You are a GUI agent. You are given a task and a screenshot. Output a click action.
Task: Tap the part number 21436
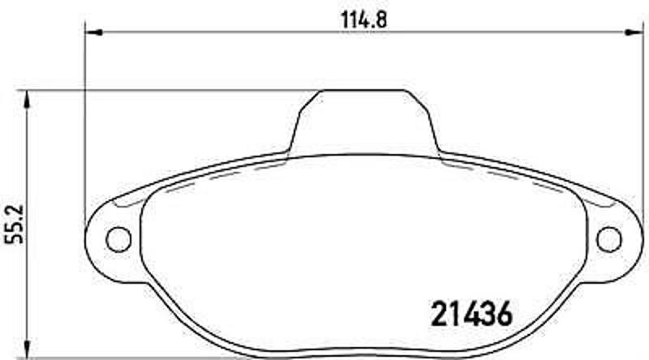468,312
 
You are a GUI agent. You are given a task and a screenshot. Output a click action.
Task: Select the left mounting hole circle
119,238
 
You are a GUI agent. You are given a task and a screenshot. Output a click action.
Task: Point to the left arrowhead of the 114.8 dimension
92,33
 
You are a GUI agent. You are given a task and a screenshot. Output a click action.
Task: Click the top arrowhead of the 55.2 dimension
28,96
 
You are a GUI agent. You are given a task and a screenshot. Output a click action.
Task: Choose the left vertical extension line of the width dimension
85,122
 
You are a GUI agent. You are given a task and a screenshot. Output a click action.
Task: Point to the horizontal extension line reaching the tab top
162,90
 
